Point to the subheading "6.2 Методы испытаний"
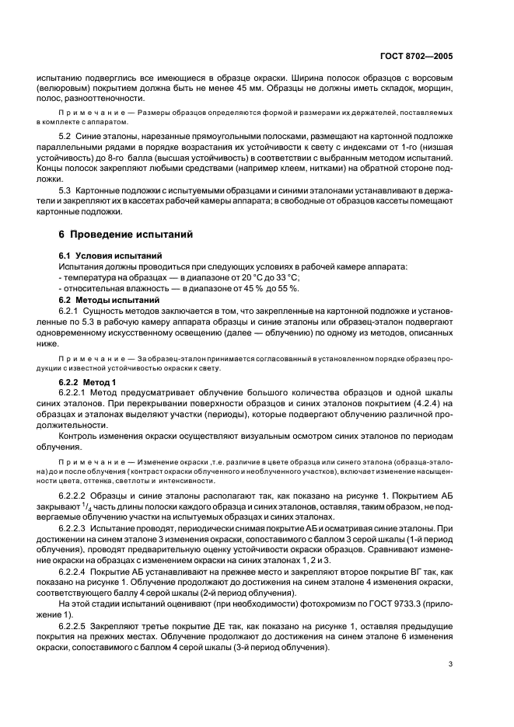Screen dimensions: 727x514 98,299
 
